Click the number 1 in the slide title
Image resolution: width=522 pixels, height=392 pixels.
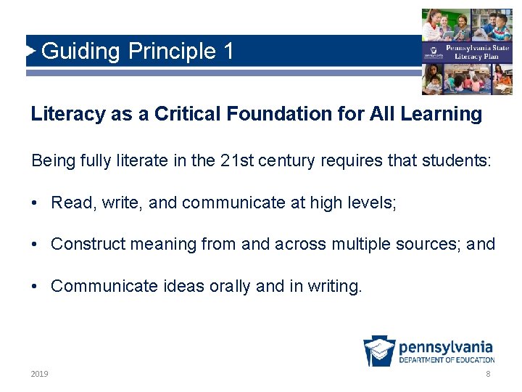click(x=228, y=52)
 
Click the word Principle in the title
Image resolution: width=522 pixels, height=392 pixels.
click(x=172, y=52)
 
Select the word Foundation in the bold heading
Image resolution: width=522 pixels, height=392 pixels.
click(x=279, y=114)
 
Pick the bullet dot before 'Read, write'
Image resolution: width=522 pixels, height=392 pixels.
click(x=35, y=203)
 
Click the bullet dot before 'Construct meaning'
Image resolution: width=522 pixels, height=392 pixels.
click(x=35, y=245)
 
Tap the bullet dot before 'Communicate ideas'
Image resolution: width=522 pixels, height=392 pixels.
click(x=35, y=286)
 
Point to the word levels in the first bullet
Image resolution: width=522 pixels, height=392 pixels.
click(x=373, y=203)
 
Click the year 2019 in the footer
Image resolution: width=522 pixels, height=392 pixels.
click(x=40, y=374)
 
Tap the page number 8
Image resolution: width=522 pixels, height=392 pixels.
click(x=488, y=374)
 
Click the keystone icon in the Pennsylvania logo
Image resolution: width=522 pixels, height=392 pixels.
click(x=379, y=351)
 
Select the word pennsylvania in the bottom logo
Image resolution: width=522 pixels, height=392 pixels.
click(x=446, y=346)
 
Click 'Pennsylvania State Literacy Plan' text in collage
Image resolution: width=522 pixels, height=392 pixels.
click(x=478, y=52)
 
